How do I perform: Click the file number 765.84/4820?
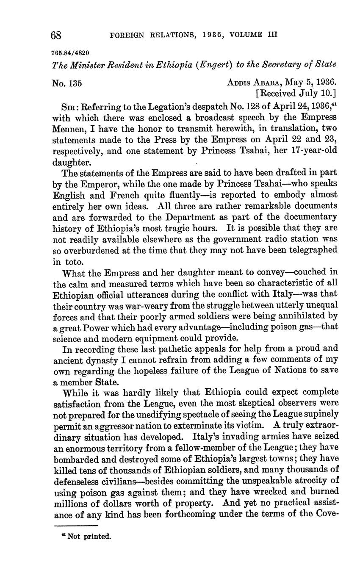[71, 53]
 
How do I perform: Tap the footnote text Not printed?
[89, 537]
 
